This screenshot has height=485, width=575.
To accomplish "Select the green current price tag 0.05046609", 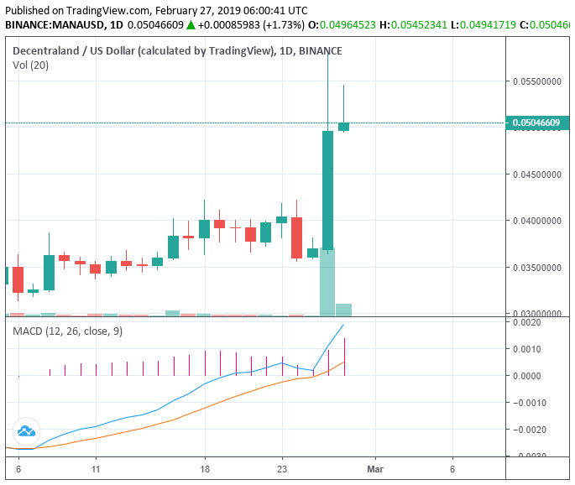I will (538, 123).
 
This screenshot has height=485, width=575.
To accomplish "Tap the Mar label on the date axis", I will (374, 470).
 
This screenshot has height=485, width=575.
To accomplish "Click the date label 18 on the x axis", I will (204, 470).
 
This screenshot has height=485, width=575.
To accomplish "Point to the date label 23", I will (282, 470).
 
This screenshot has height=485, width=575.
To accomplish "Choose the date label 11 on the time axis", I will (96, 470).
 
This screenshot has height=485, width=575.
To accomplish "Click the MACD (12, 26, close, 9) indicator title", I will (67, 331).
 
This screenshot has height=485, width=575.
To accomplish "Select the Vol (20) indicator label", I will (30, 65).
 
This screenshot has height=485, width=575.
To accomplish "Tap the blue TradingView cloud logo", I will (25, 431).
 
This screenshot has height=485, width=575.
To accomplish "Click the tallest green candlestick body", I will (327, 190).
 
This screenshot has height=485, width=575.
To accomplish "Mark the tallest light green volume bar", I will (327, 283).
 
